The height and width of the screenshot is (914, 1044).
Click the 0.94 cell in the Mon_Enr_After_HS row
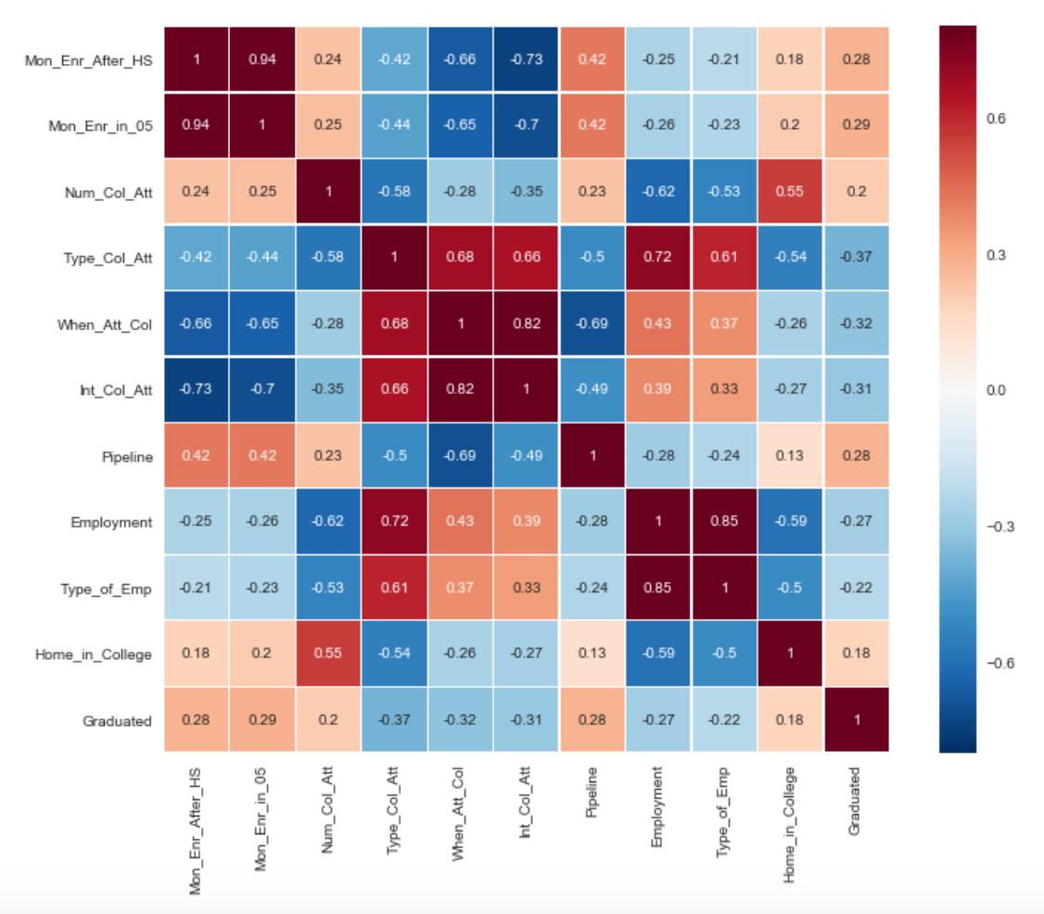pyautogui.click(x=262, y=59)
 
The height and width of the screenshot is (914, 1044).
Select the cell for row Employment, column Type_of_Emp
pyautogui.click(x=723, y=521)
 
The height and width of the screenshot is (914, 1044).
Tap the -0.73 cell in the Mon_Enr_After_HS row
pyautogui.click(x=526, y=59)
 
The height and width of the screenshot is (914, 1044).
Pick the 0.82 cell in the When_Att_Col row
pyautogui.click(x=526, y=324)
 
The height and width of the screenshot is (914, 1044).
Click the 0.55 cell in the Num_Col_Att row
pyautogui.click(x=789, y=191)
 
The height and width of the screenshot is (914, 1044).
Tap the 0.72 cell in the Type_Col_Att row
pyautogui.click(x=657, y=257)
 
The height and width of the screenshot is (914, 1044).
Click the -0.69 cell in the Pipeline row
pyautogui.click(x=460, y=456)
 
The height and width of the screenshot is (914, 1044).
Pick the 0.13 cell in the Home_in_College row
pyautogui.click(x=592, y=653)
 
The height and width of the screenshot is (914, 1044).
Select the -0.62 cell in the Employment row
pyautogui.click(x=328, y=521)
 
